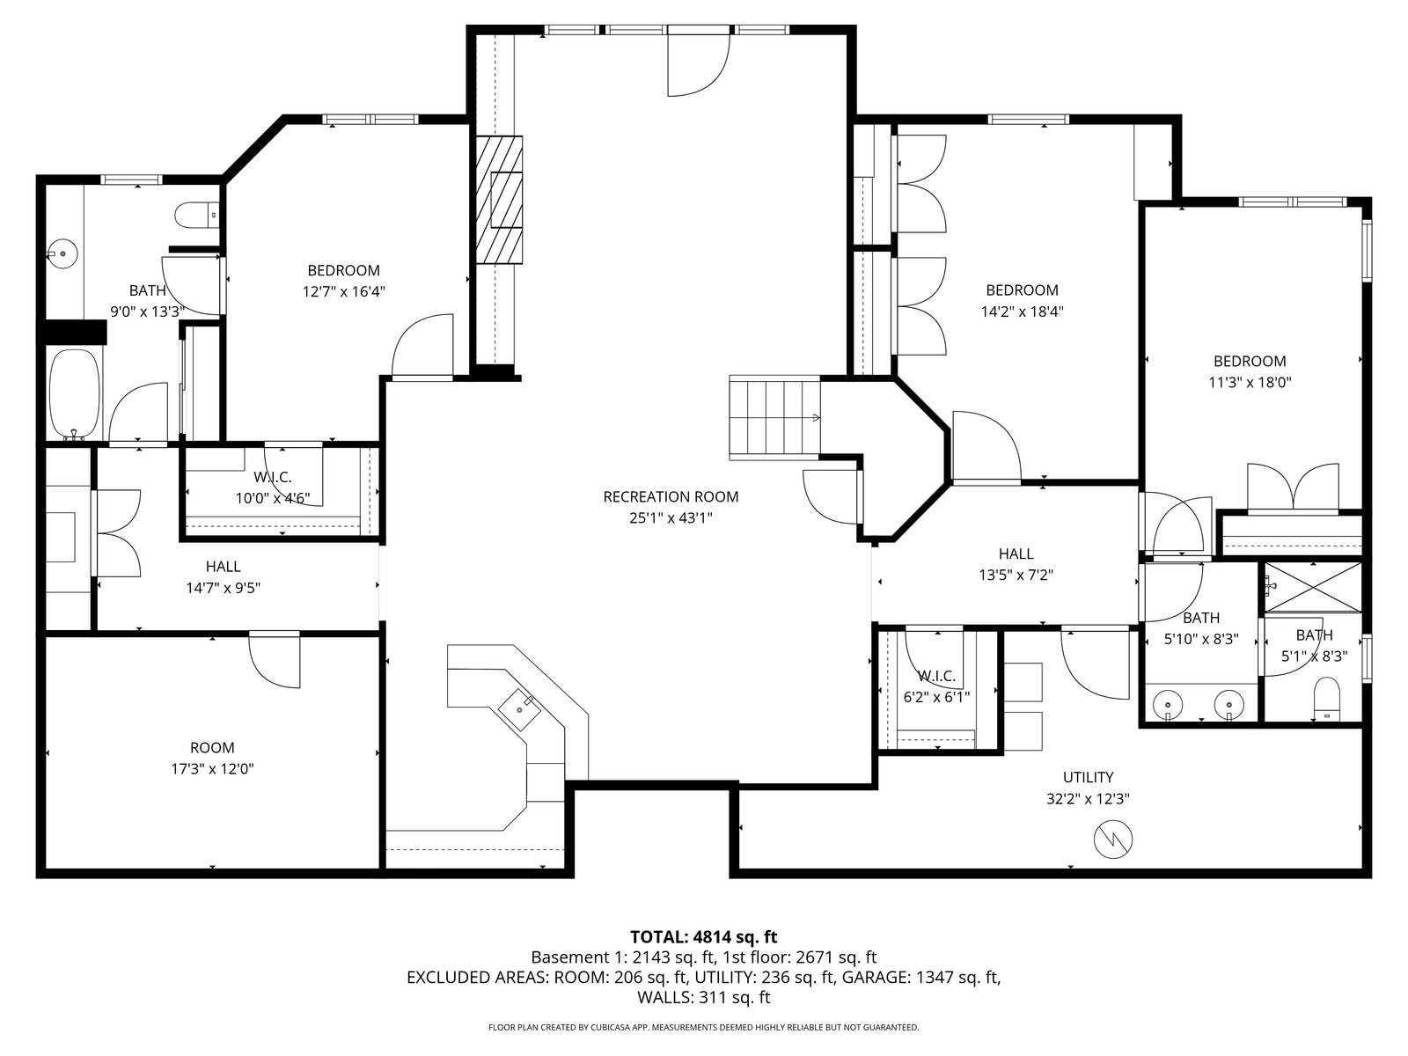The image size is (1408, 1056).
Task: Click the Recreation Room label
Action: (671, 496)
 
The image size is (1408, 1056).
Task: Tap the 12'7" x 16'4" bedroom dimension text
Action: (344, 292)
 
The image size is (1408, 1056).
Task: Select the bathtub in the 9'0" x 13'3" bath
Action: (76, 393)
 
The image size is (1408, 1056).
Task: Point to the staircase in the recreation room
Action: (775, 418)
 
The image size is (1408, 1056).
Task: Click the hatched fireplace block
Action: (498, 200)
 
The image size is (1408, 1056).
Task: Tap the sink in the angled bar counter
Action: (520, 709)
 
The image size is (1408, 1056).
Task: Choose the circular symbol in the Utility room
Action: (1113, 840)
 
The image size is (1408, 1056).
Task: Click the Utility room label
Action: (1088, 777)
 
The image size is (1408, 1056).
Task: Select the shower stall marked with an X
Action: (1312, 587)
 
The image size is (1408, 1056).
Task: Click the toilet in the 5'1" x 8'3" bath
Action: (1327, 698)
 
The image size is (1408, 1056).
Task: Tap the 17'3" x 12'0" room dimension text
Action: (212, 769)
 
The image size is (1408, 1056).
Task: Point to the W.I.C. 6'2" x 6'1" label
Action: (936, 686)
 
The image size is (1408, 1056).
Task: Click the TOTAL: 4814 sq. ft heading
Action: (704, 936)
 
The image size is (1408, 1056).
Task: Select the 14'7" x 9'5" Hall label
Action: (224, 577)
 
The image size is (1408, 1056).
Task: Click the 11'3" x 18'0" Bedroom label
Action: (1250, 372)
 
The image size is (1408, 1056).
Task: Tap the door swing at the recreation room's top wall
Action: (699, 64)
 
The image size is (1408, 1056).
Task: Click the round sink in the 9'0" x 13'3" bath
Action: (62, 253)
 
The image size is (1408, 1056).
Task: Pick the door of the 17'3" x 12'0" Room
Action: (275, 660)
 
